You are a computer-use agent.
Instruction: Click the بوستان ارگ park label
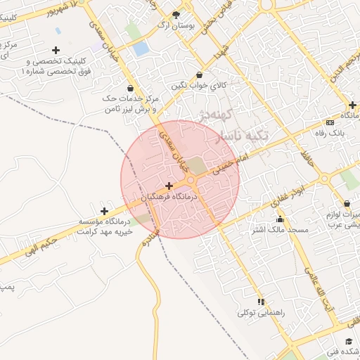coord(176,25)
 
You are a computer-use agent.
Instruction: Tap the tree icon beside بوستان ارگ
coord(176,15)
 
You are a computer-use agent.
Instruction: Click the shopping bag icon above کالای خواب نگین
coord(200,75)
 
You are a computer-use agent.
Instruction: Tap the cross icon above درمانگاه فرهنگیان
coord(169,186)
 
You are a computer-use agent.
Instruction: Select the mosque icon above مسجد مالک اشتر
coord(280,219)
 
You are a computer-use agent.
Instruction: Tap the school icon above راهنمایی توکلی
coord(261,302)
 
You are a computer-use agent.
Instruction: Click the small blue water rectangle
coord(141,49)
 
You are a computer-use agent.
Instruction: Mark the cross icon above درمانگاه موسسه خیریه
coord(104,211)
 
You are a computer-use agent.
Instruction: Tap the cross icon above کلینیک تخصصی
coord(56,50)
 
